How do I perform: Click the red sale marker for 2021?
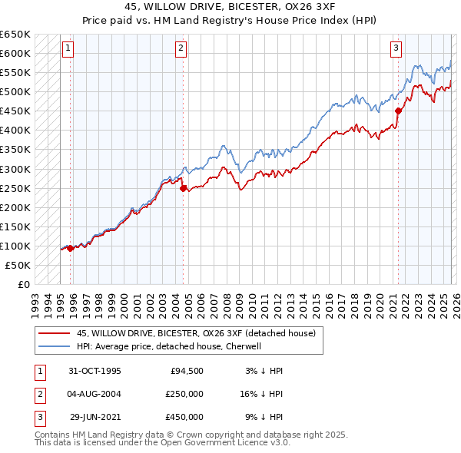click(x=398, y=111)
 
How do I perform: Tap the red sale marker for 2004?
click(x=183, y=188)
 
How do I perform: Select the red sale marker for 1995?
click(x=71, y=248)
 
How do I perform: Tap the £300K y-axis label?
click(x=15, y=169)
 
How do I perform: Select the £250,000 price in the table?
click(x=186, y=394)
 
